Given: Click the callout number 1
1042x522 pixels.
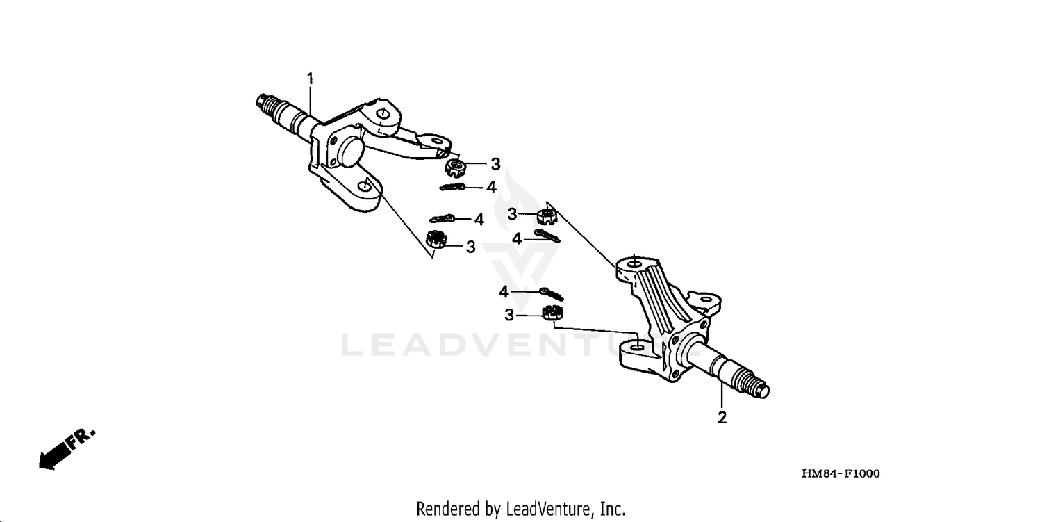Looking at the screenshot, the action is (311, 79).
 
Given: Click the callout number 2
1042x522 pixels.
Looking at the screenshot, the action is (722, 418).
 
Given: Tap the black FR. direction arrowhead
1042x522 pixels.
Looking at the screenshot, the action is (47, 462).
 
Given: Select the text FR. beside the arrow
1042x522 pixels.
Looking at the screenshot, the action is (81, 439).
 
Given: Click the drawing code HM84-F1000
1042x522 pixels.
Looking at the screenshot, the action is (841, 473).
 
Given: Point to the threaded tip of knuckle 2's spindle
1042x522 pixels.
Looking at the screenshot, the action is (759, 387).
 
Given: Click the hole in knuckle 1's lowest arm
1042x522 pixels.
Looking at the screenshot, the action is (364, 187).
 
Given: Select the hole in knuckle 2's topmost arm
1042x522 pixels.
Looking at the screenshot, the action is (634, 265).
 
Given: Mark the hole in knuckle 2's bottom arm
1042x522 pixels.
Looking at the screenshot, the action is (637, 346).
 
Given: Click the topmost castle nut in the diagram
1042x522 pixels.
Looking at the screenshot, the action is (456, 168).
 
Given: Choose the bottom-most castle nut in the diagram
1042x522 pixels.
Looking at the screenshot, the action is (552, 313).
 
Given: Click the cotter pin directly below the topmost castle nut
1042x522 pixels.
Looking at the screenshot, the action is (452, 187).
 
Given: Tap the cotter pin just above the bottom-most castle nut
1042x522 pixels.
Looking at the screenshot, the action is (552, 294).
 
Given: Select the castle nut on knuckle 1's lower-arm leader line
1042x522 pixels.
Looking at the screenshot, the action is (436, 239).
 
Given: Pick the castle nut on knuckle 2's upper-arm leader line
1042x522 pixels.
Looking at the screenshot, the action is (547, 217).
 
